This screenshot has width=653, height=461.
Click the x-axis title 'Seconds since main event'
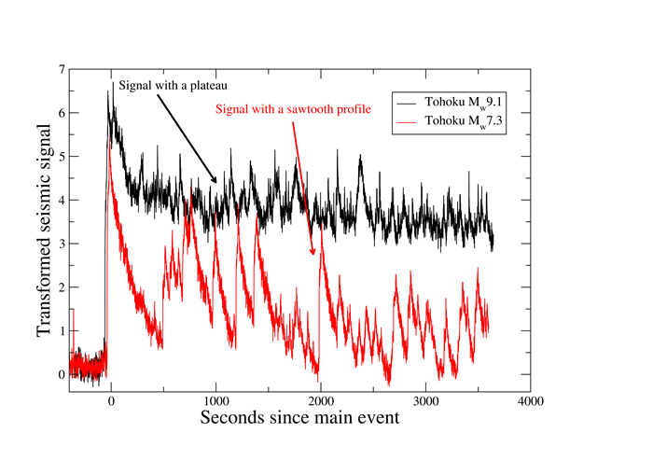[299, 418]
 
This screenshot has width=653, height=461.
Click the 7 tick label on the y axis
[62, 70]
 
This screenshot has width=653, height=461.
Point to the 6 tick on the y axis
[62, 114]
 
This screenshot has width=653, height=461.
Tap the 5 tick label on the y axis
[62, 157]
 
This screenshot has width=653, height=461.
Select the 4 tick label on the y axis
[62, 201]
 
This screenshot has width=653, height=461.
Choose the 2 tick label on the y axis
[62, 287]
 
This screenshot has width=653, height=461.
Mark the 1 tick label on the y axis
[62, 331]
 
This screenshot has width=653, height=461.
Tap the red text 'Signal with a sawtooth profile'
[294, 108]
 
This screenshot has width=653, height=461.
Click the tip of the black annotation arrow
[217, 184]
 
